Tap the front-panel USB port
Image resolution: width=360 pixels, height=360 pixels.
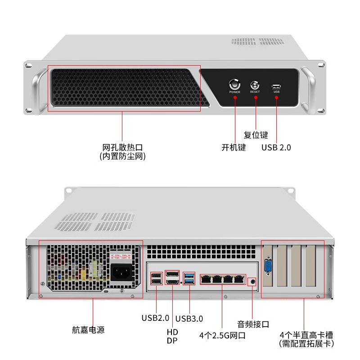(276, 85)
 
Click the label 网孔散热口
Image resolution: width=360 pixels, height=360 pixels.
(123, 147)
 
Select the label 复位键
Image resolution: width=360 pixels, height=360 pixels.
(256, 135)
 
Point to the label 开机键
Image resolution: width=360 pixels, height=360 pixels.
(234, 147)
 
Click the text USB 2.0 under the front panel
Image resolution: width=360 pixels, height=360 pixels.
(276, 147)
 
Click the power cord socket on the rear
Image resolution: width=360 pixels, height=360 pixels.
(121, 273)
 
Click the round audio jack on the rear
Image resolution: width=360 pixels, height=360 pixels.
(252, 281)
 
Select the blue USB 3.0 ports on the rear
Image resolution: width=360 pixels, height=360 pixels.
(189, 279)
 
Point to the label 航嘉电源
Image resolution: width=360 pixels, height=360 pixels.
(88, 330)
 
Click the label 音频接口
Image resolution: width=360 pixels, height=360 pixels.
(253, 324)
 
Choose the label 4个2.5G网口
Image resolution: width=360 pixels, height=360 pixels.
(222, 335)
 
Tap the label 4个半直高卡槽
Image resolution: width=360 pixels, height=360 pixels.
(306, 335)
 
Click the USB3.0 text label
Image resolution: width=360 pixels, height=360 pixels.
(189, 319)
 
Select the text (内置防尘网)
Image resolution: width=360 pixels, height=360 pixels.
(123, 157)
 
